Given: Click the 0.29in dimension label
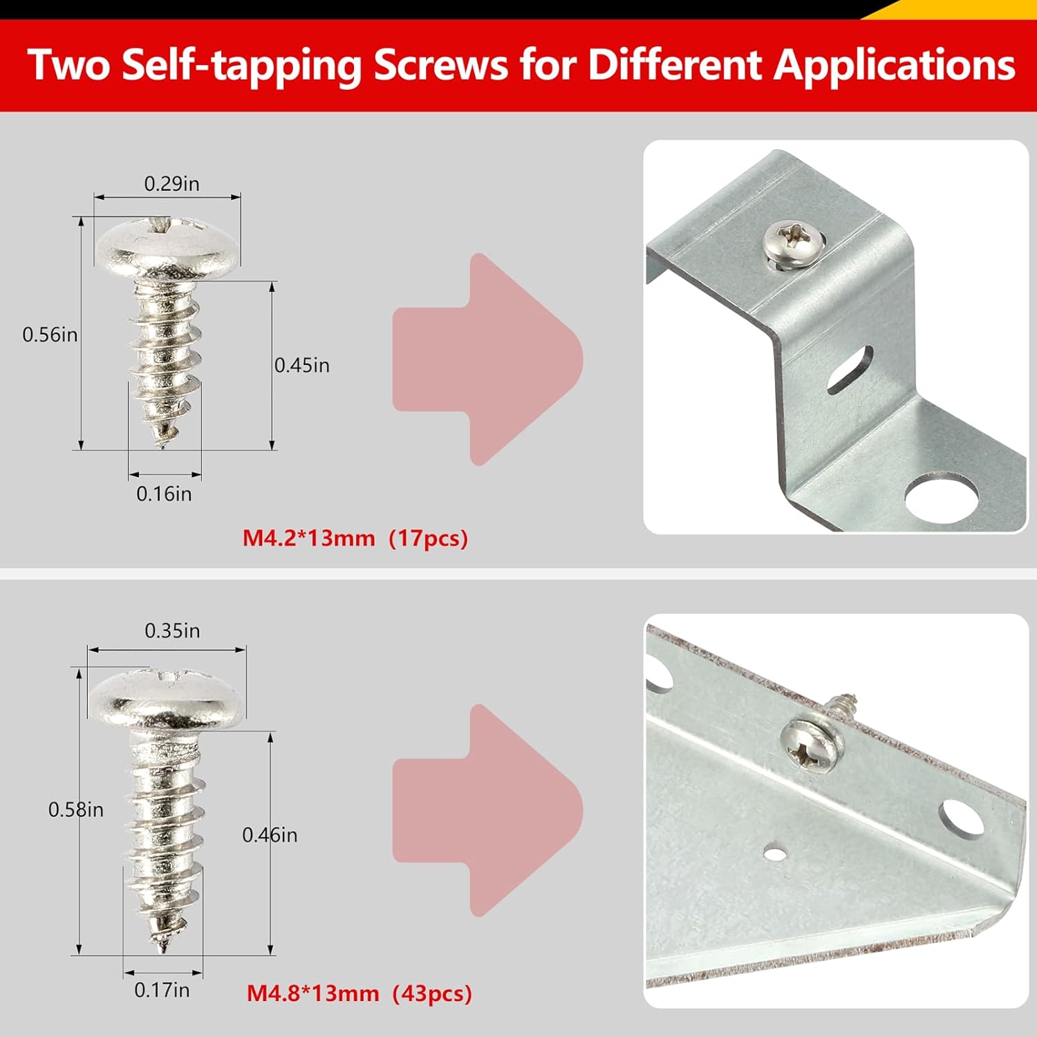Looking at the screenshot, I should pyautogui.click(x=171, y=184).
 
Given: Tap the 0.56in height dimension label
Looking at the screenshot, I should pyautogui.click(x=50, y=335).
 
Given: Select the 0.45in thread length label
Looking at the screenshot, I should pyautogui.click(x=302, y=365).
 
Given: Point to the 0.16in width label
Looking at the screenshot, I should pyautogui.click(x=164, y=494).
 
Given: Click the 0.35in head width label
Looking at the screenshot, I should pyautogui.click(x=172, y=630).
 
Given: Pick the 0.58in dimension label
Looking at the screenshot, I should pyautogui.click(x=75, y=810).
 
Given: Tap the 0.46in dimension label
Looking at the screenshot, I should pyautogui.click(x=270, y=835).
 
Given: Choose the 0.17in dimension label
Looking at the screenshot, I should pyautogui.click(x=162, y=990).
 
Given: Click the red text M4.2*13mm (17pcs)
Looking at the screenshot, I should pyautogui.click(x=355, y=538).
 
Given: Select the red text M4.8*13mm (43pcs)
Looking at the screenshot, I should pyautogui.click(x=359, y=993).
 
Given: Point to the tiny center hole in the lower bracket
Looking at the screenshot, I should pyautogui.click(x=776, y=854).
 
